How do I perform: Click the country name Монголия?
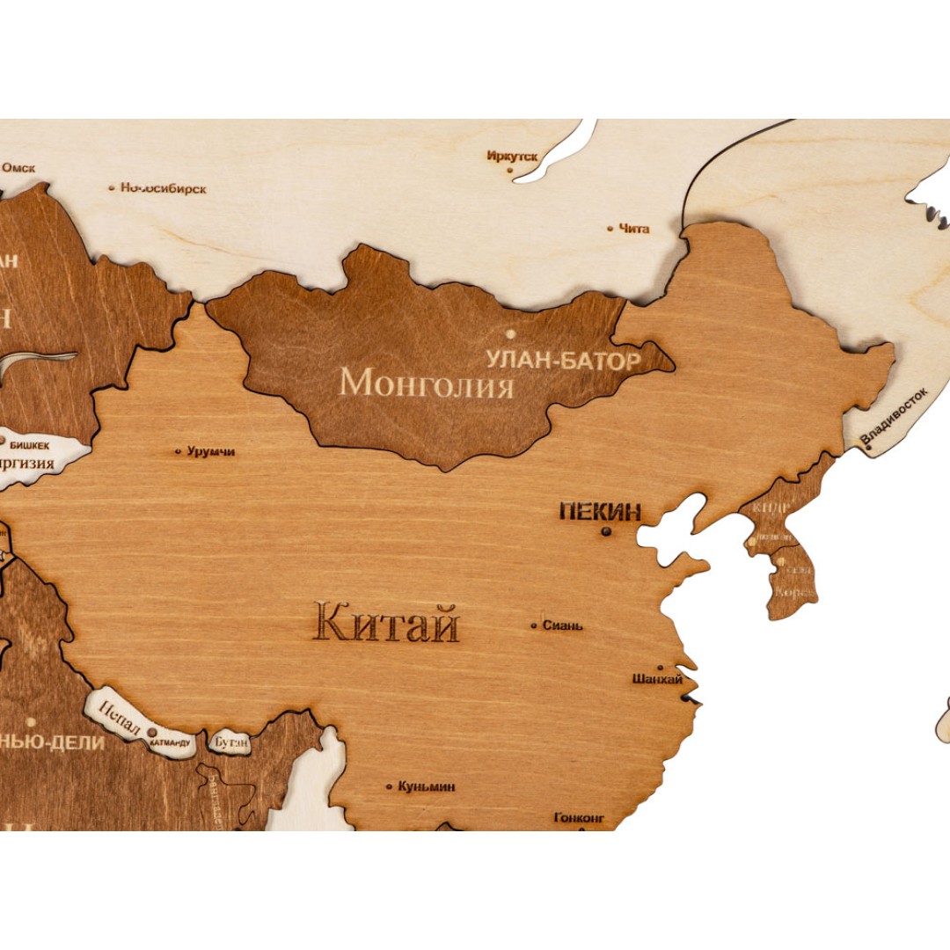point(427,384)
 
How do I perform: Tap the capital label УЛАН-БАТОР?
point(564,359)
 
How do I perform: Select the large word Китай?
point(387,624)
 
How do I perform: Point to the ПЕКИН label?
point(601,511)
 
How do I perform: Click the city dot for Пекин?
point(606,531)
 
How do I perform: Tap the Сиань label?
point(562,625)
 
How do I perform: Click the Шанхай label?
point(657,679)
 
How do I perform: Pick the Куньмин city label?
point(427,786)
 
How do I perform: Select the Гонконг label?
point(579,817)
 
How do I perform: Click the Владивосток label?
point(894,416)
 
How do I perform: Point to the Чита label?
point(634,229)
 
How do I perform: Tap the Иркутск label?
point(512,156)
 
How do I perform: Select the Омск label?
point(18,167)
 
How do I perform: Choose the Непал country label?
point(120,711)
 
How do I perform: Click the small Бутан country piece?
point(229,742)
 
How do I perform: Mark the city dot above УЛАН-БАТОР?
point(510,333)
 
